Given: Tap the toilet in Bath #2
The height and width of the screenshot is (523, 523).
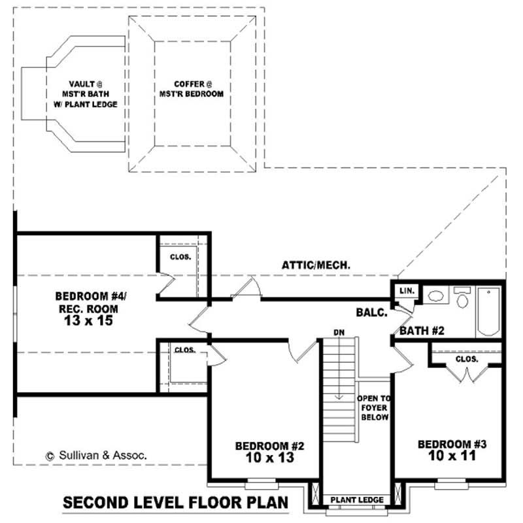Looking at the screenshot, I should (463, 299).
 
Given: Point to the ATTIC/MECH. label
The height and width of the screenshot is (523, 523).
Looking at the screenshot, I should (317, 265).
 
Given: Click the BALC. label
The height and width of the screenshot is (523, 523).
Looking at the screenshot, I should (372, 312).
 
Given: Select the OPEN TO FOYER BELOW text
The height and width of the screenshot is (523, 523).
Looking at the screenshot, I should (373, 407).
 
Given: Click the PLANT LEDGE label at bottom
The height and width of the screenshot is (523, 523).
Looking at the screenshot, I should (357, 500).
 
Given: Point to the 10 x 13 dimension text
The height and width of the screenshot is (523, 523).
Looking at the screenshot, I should (270, 458).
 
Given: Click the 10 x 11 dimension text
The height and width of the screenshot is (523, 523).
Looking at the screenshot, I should (452, 456).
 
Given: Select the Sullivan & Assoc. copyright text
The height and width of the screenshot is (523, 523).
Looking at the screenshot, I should (95, 454).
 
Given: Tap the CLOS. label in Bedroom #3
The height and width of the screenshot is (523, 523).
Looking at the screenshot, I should (467, 360).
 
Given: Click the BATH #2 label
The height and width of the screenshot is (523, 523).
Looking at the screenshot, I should (422, 331).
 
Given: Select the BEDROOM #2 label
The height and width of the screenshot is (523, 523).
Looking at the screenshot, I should (270, 446).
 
